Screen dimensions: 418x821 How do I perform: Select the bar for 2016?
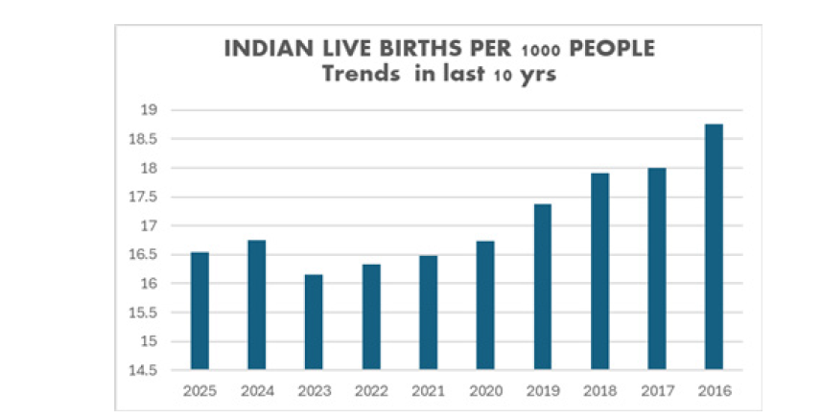point(714,246)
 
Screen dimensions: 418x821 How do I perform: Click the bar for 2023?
point(314,321)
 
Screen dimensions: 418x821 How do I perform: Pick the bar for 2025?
point(199,310)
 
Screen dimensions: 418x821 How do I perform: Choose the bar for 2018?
point(599,270)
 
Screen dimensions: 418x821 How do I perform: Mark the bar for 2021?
point(428,312)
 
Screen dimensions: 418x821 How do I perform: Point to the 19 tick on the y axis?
point(148,110)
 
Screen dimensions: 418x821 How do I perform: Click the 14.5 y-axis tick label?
point(143,370)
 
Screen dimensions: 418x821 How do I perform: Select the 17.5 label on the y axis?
point(143,197)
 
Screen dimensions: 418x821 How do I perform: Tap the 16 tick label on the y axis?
point(148,284)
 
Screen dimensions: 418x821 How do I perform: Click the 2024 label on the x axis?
point(256,391)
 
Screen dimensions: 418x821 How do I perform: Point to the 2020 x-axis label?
point(485,391)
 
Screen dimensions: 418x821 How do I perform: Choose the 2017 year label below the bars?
point(656,391)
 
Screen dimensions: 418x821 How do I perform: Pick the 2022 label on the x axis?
point(370,391)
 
